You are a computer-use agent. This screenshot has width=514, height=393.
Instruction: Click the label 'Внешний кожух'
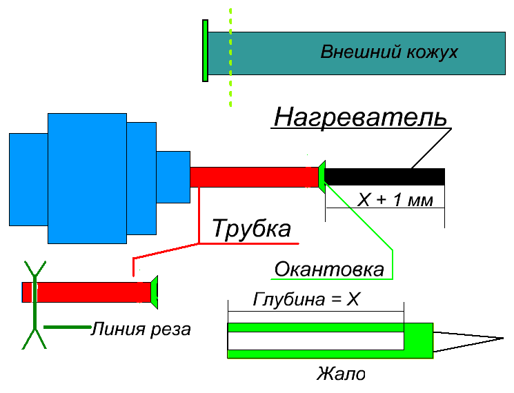(x=389, y=52)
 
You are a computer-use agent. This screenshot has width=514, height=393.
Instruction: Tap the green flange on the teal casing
(x=205, y=51)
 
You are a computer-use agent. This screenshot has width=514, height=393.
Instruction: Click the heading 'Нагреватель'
(x=359, y=117)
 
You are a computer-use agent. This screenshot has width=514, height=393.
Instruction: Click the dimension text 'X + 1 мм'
(x=395, y=201)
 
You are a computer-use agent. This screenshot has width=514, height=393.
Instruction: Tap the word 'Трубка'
(x=251, y=229)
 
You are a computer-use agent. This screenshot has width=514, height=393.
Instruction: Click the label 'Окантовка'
(x=329, y=269)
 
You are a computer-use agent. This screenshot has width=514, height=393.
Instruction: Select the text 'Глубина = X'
(x=306, y=301)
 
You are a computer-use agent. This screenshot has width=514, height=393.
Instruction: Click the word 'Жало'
(x=341, y=374)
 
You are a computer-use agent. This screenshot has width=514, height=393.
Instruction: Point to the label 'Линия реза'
(x=140, y=329)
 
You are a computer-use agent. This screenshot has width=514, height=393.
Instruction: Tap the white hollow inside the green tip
(x=315, y=341)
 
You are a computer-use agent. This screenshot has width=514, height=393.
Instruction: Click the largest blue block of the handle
(x=87, y=178)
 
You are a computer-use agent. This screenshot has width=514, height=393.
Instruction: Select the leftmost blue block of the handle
(x=28, y=179)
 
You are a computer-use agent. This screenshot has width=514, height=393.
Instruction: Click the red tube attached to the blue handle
(x=253, y=177)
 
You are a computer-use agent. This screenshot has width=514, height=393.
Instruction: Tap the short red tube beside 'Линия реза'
(x=90, y=292)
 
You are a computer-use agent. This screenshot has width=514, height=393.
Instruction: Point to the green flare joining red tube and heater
(x=322, y=176)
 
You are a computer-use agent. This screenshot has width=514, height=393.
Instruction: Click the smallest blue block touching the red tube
(x=172, y=177)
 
